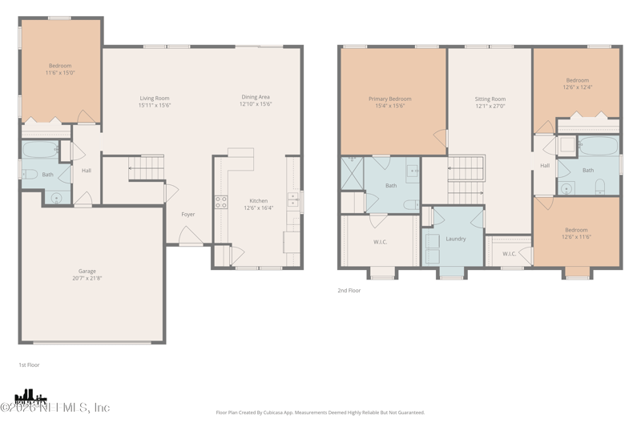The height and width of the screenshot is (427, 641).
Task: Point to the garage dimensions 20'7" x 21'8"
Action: pos(87,278)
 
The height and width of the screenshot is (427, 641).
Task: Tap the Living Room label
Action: pos(155,98)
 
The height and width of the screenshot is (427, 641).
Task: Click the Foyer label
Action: pos(188,214)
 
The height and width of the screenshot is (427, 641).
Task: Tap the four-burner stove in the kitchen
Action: pos(220,202)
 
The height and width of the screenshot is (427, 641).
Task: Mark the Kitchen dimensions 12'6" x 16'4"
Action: pos(258,207)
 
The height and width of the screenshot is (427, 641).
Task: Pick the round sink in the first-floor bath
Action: pos(57,196)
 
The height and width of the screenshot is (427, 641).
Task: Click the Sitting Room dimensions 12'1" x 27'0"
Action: pos(490,106)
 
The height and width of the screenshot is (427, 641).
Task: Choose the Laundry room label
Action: pos(456,239)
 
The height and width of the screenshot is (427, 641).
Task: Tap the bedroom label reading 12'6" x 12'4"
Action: pos(577,87)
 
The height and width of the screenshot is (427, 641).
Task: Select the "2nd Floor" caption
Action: pos(349,291)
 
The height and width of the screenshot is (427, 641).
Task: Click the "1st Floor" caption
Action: pos(29,365)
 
